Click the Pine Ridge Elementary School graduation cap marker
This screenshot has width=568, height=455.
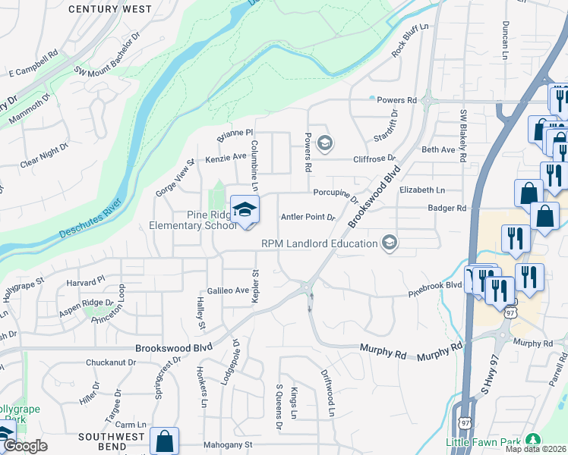(245, 210)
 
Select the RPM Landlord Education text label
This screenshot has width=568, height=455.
(320, 243)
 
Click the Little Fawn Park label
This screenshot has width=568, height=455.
(483, 441)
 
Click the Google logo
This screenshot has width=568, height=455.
(24, 446)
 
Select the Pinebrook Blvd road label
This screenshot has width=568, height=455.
(435, 285)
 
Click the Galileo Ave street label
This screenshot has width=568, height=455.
(229, 290)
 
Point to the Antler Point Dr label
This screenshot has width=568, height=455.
(308, 217)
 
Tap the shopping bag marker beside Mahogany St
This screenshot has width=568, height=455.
(164, 441)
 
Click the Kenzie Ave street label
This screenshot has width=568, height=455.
(226, 157)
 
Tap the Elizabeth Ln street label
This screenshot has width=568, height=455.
(421, 190)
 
